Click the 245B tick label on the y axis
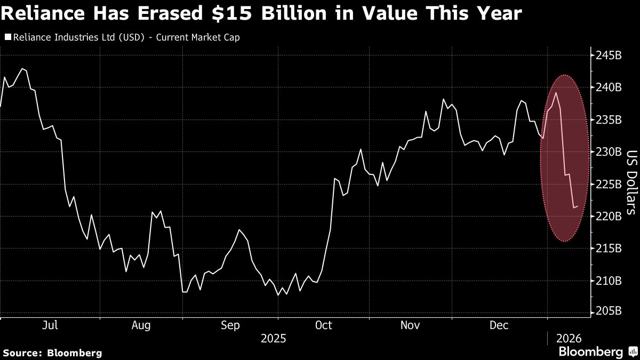click(x=609, y=55)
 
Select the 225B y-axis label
click(x=609, y=184)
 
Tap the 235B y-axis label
click(x=609, y=119)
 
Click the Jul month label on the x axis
click(x=50, y=325)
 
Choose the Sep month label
click(x=230, y=325)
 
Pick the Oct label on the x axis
click(x=324, y=325)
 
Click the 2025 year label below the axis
click(x=273, y=338)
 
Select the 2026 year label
click(x=569, y=338)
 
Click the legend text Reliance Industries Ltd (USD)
click(x=77, y=38)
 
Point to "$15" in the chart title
click(x=231, y=13)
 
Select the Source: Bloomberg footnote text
click(x=52, y=353)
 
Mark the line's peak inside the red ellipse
click(x=556, y=93)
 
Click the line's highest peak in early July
click(x=22, y=69)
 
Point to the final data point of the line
click(x=578, y=206)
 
